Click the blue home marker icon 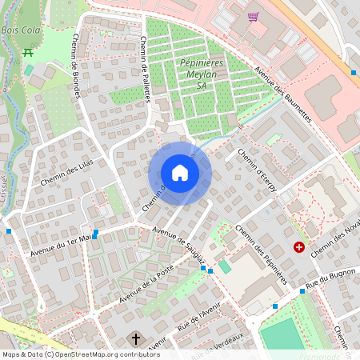180,173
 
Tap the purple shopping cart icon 253,16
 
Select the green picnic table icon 28,52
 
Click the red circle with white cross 299,248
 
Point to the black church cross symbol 136,338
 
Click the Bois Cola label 20,30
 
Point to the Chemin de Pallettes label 146,69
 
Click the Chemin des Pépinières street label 262,253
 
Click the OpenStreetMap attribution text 81,354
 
